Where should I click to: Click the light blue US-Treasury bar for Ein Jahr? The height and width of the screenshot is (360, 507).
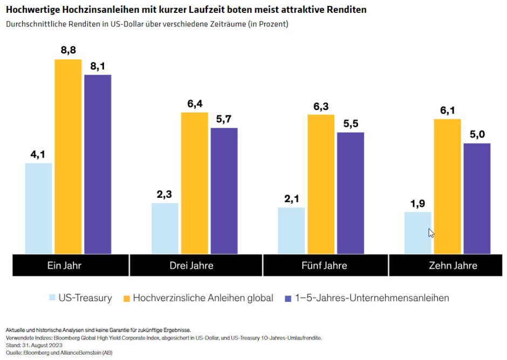point(39,208)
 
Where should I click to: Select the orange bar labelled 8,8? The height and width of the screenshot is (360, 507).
point(68,156)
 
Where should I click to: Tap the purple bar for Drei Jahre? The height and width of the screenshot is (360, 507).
point(224,191)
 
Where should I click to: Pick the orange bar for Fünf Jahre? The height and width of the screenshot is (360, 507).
point(321,184)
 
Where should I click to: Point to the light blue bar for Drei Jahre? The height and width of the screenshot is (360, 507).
point(165,228)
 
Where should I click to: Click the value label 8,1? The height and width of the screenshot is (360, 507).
point(98,66)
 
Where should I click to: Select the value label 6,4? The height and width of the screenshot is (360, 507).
point(194,104)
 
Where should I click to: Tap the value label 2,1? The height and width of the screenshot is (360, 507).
point(292,199)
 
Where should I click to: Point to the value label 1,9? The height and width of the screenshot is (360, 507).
point(418,204)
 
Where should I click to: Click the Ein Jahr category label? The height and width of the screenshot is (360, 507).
point(64,266)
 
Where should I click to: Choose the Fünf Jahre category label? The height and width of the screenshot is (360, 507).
point(324,266)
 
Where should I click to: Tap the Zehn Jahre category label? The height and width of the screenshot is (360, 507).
point(453,266)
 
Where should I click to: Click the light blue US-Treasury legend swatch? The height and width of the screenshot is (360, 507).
point(52,298)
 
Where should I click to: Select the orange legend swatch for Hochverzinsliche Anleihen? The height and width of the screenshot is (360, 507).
point(126,298)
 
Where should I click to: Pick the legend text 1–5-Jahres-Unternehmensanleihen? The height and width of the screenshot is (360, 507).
point(372,298)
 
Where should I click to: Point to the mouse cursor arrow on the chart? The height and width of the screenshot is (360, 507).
point(431,233)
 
